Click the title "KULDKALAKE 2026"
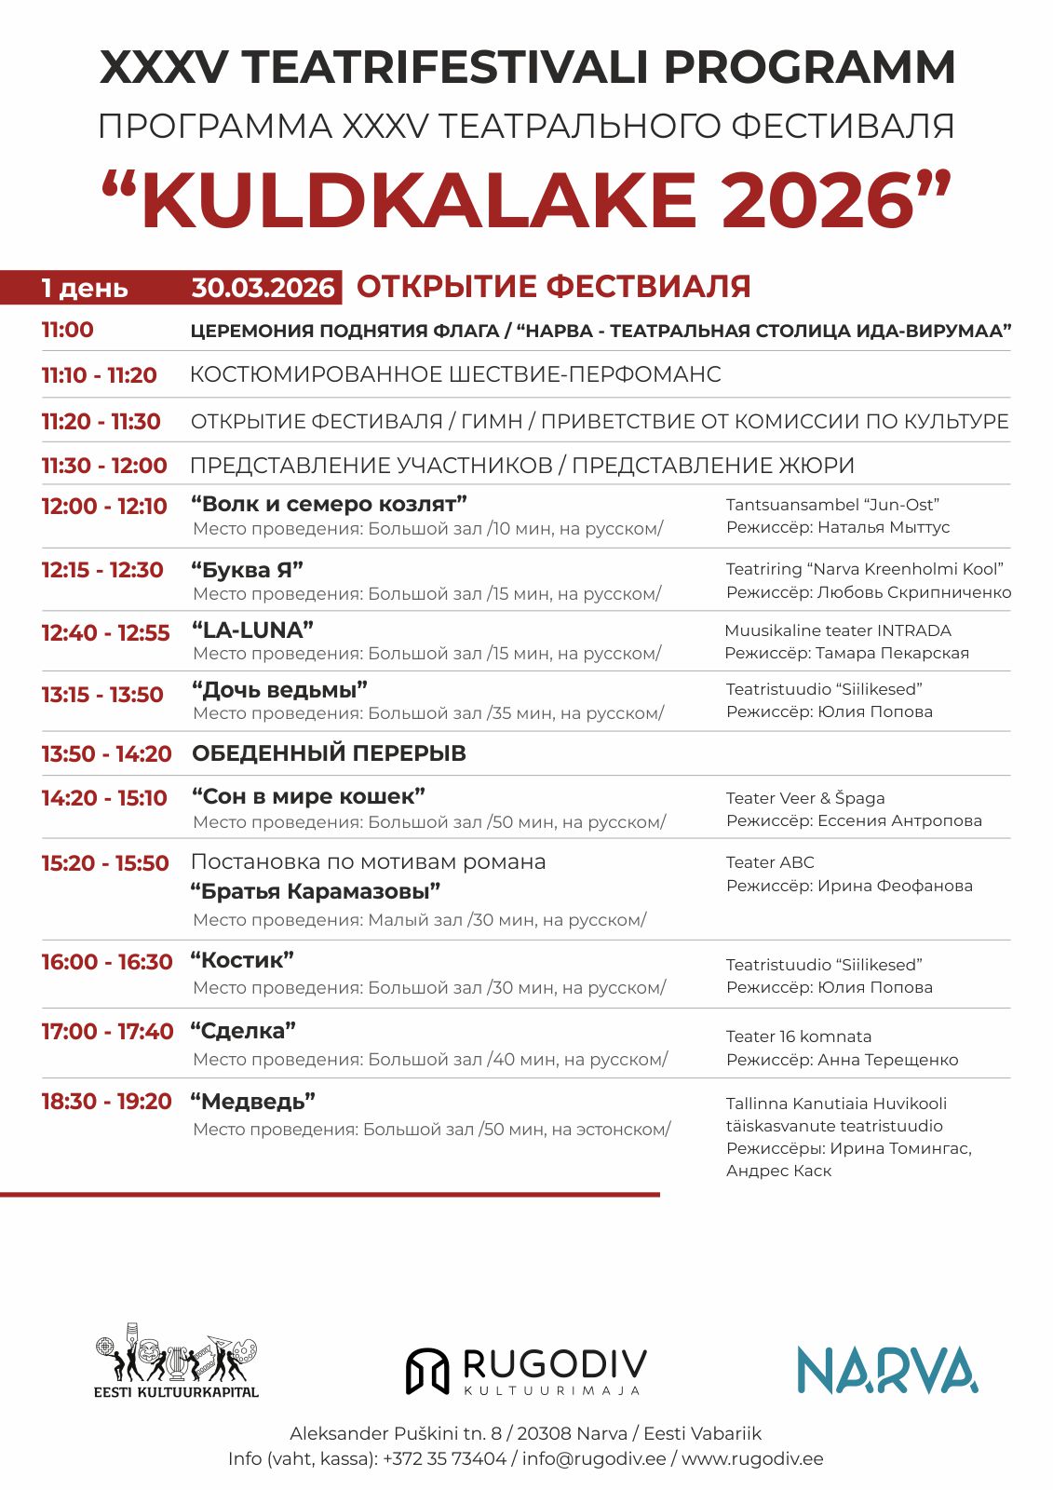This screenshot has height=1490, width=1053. click(526, 201)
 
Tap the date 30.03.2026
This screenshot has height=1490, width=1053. click(263, 288)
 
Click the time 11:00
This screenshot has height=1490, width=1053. click(67, 330)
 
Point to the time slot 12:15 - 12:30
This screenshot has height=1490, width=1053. click(102, 570)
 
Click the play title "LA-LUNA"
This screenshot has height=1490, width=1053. click(252, 630)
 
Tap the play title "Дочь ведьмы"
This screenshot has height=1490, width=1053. click(279, 690)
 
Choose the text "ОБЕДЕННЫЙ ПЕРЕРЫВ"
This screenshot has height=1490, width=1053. click(329, 753)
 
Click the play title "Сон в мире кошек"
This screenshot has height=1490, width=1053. click(308, 797)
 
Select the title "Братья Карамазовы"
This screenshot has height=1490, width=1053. click(316, 891)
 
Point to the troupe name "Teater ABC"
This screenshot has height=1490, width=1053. click(770, 862)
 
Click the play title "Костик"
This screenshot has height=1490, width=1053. click(242, 960)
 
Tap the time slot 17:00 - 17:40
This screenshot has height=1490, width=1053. click(107, 1032)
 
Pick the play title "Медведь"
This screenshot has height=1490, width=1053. click(253, 1102)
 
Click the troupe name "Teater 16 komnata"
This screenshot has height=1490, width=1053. click(799, 1036)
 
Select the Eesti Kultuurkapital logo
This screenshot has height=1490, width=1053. click(176, 1361)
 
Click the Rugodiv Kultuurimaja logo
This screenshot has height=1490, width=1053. click(526, 1371)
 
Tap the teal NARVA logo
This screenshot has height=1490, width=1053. click(886, 1370)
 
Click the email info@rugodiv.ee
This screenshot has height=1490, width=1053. click(594, 1458)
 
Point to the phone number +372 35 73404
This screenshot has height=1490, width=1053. click(444, 1458)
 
